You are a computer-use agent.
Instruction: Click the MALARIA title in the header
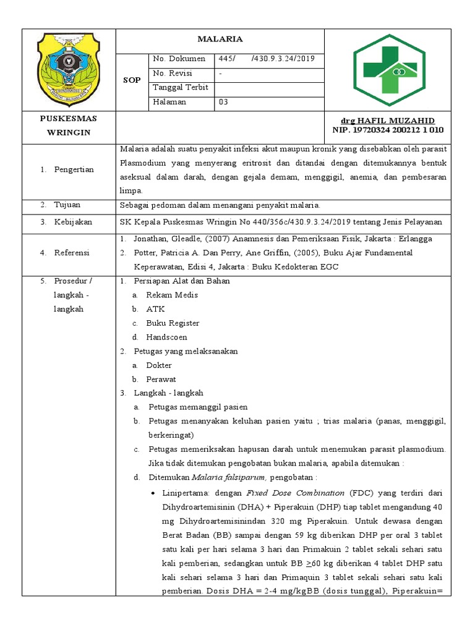[x=220, y=39]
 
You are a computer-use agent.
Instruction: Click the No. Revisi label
[x=173, y=73]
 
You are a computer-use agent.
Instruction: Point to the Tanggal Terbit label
[x=180, y=88]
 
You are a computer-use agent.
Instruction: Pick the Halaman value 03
[x=223, y=102]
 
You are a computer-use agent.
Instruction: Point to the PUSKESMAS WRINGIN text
[x=69, y=125]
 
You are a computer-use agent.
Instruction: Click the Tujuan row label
[x=67, y=204]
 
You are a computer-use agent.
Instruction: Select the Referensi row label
[x=72, y=252]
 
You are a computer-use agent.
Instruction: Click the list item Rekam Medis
[x=172, y=295]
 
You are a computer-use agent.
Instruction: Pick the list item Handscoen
[x=166, y=338]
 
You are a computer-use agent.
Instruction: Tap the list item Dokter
[x=159, y=365]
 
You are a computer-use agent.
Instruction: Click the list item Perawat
[x=161, y=379]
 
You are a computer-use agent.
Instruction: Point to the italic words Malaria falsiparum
[x=228, y=477]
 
